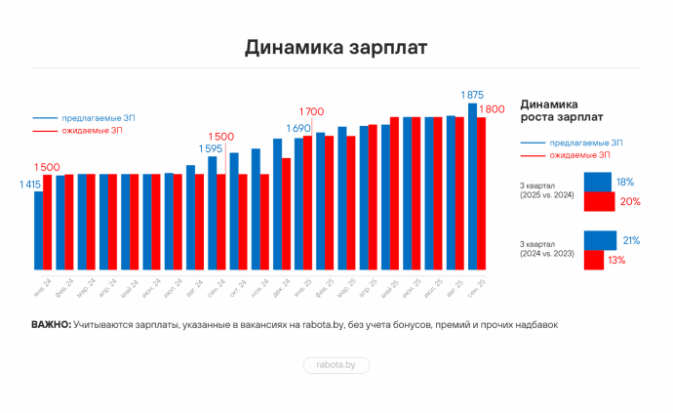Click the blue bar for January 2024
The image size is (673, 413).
coord(38,230)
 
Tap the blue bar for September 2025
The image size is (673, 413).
coord(472,186)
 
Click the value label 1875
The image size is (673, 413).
coord(472,95)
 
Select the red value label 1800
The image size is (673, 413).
coord(492,109)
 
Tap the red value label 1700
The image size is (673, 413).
coord(311,111)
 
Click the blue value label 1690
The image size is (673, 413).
coord(297,129)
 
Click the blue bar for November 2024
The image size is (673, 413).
coord(256,209)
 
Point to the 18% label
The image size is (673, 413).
coord(625,182)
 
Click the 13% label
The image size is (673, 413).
coord(616,260)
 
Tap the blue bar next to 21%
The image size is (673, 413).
coord(600,240)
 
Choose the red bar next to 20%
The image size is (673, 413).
coord(599,201)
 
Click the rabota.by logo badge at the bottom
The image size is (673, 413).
coord(336,365)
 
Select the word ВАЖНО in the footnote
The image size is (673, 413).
coord(51,325)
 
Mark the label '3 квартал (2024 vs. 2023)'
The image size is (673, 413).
coord(547,248)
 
